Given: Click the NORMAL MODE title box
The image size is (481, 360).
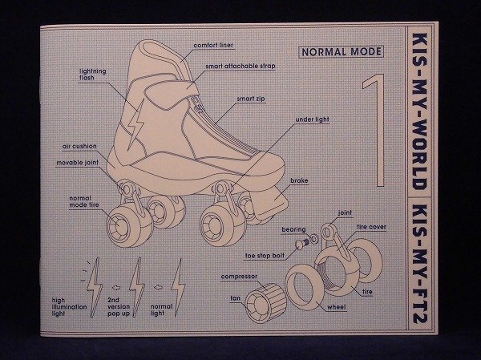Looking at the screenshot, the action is pos(340,55).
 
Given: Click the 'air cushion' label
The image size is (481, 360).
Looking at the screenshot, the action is pos(79,147).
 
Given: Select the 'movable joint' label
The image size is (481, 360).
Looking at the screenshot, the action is pos(77,161).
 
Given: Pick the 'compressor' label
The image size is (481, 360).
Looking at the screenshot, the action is pos(239,276).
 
